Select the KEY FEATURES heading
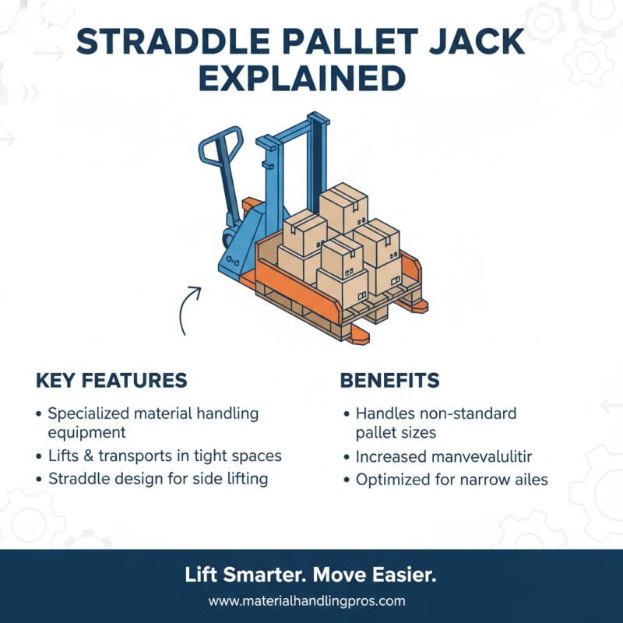[111, 380]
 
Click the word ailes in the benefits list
[529, 480]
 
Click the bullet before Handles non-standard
[347, 414]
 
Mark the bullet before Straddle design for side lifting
[40, 479]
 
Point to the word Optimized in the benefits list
[393, 480]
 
